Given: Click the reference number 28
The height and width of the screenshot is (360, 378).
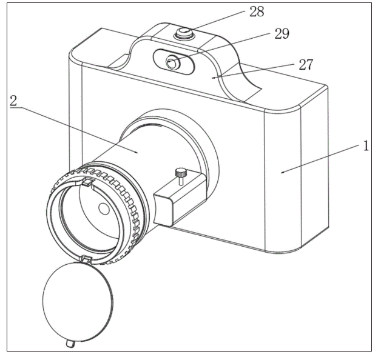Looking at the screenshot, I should click(240, 10).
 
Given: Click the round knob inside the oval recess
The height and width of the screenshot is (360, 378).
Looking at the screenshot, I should click(173, 62).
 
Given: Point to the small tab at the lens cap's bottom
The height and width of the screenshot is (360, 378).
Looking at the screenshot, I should click(70, 344).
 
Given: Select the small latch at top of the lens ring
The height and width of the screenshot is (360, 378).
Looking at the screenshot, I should click(87, 181).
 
